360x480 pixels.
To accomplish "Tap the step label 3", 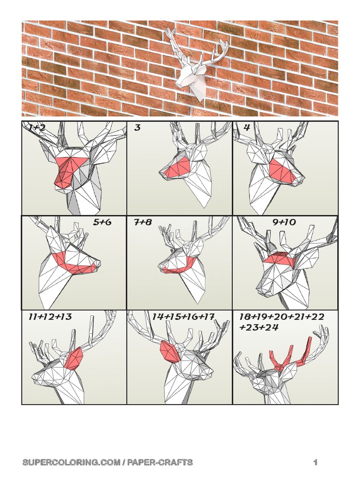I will coord(137,127).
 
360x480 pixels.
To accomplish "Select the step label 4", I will coord(247,127).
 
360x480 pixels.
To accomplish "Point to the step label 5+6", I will coord(102,222).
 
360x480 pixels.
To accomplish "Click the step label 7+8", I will coord(143,222).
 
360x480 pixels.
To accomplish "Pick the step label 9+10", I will coord(284,222).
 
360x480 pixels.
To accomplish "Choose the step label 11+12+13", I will coord(50,317).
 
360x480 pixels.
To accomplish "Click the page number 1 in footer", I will coord(316,463).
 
